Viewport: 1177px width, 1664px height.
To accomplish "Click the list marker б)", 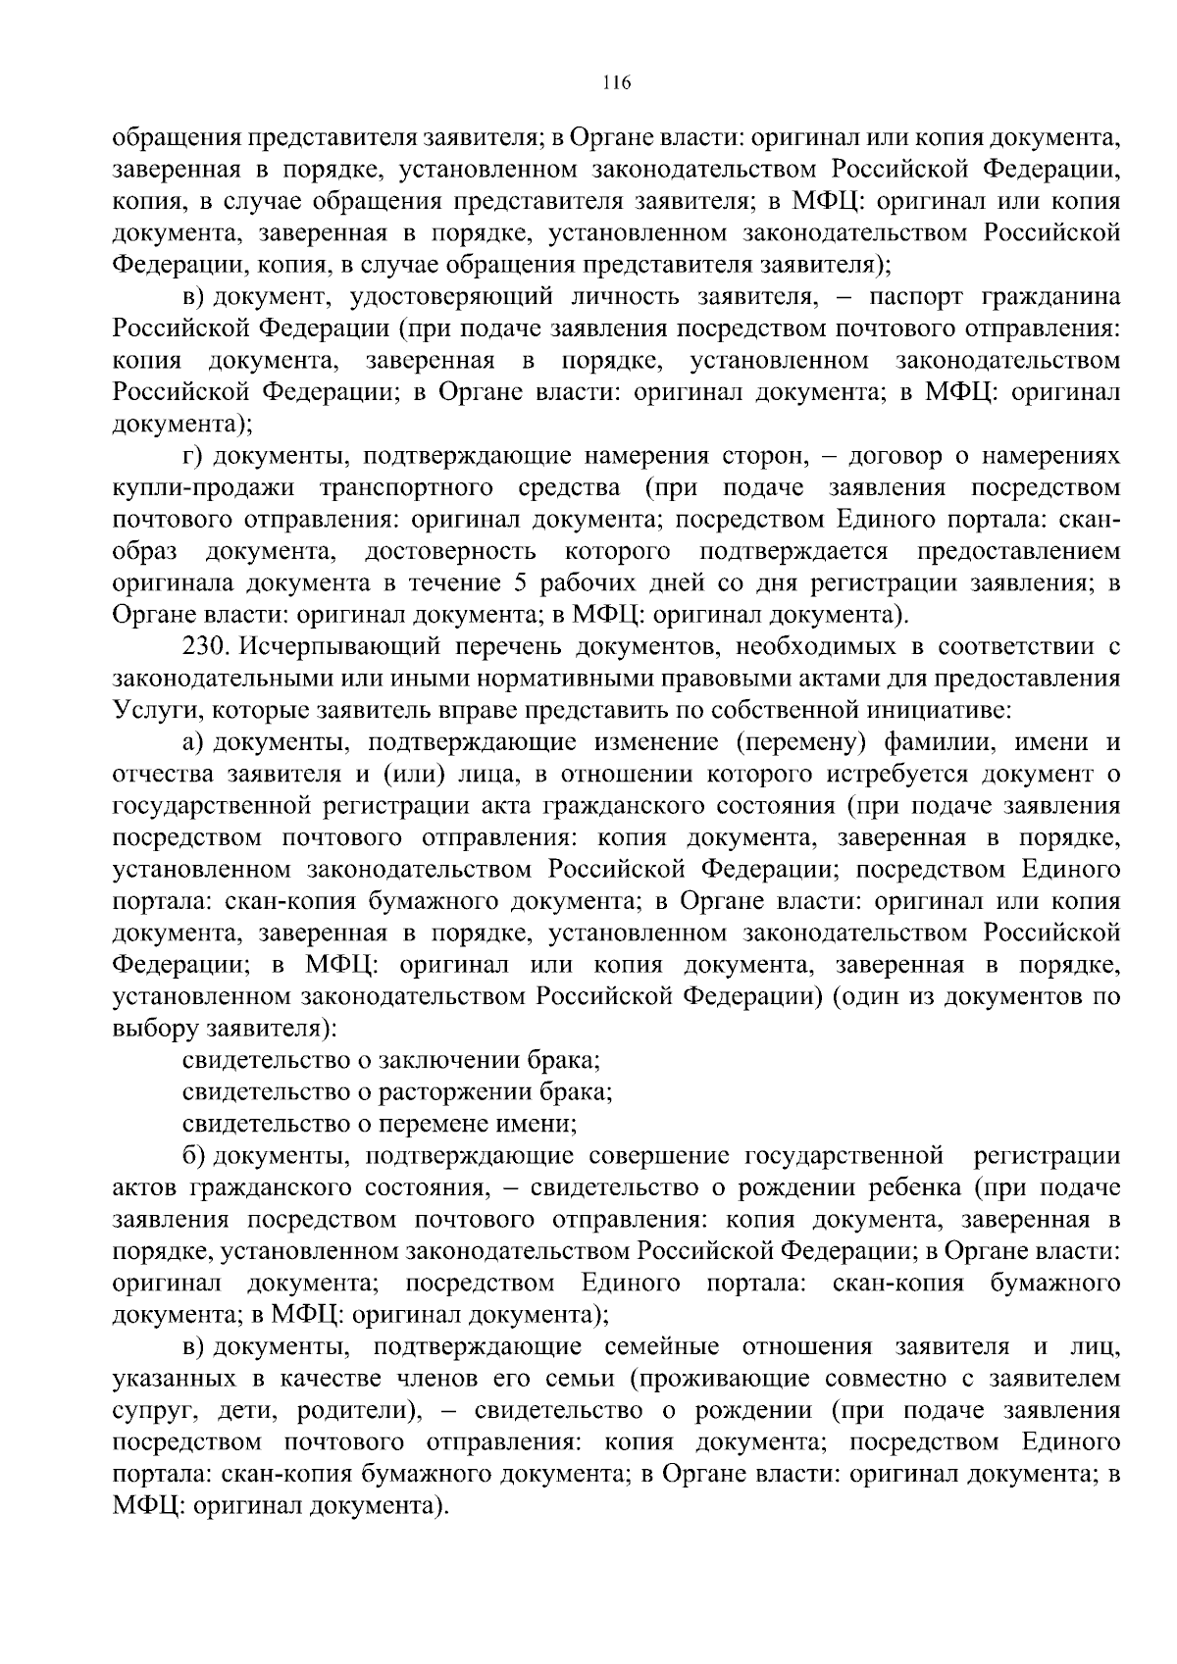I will click(x=194, y=1156).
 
